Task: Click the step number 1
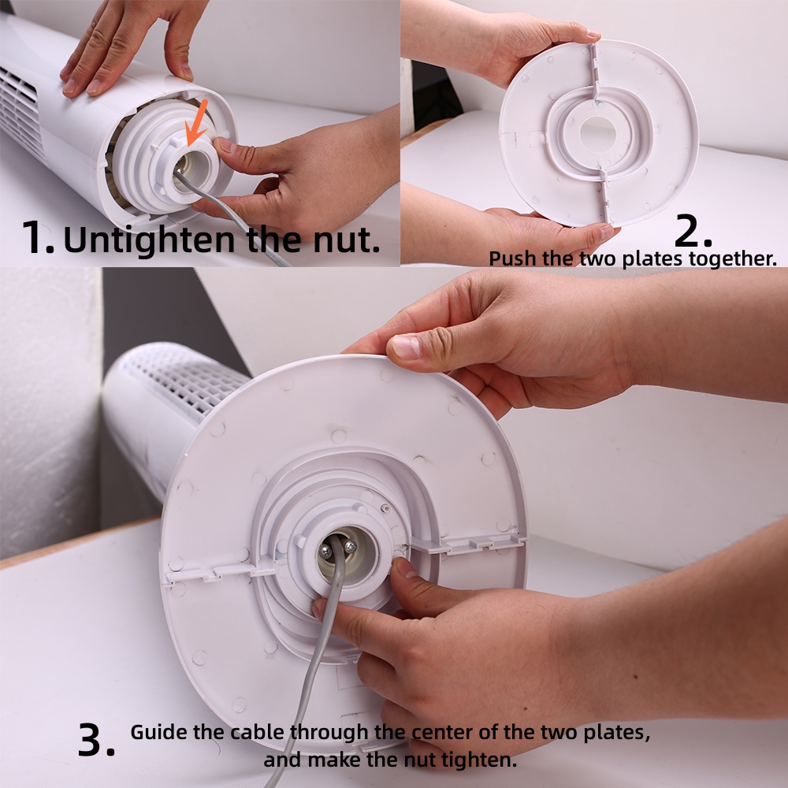point(38,236)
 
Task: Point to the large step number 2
point(693,231)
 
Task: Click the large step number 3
point(96,739)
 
